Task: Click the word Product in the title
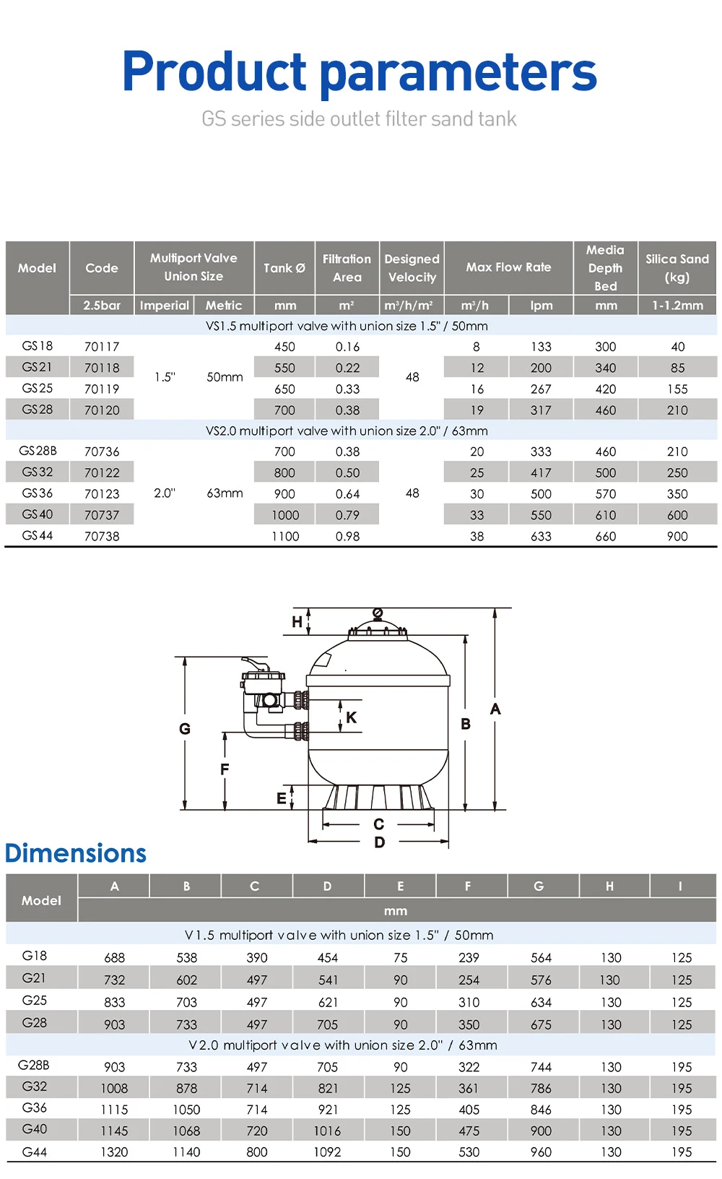(x=214, y=71)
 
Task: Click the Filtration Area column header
(x=347, y=268)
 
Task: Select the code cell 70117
(x=102, y=346)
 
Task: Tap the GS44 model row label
(x=38, y=535)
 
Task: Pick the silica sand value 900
(x=677, y=536)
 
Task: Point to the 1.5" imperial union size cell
(x=165, y=377)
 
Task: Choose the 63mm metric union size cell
(x=225, y=493)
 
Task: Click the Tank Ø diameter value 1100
(x=285, y=536)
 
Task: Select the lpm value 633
(x=541, y=536)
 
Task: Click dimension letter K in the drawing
(x=352, y=717)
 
